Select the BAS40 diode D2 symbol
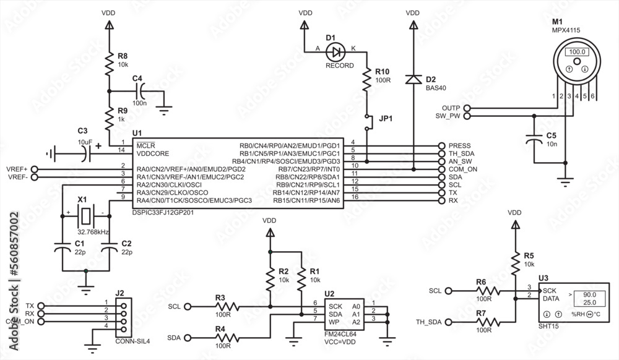(412, 79)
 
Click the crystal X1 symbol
(85, 216)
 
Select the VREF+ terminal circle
(34, 169)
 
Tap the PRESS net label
(459, 145)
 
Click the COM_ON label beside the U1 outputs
(462, 169)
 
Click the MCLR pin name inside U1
(145, 145)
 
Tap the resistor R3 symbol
(227, 306)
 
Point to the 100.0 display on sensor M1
(577, 52)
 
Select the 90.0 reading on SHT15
(589, 295)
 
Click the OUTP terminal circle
(466, 108)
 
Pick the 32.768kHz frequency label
(93, 231)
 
